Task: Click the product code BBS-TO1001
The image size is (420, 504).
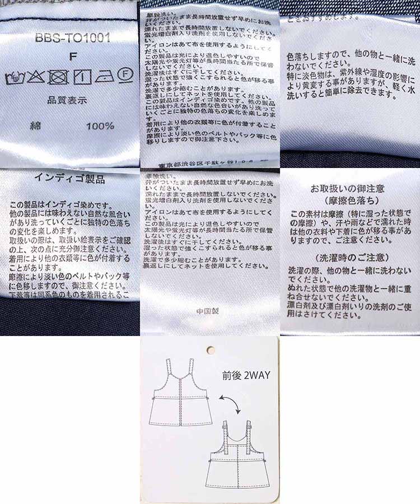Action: pyautogui.click(x=72, y=39)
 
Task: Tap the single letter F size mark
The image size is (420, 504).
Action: pyautogui.click(x=72, y=56)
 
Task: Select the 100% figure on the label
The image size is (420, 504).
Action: pyautogui.click(x=100, y=126)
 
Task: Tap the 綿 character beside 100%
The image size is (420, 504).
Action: pyautogui.click(x=35, y=126)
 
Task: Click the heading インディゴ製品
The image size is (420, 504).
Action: pyautogui.click(x=69, y=180)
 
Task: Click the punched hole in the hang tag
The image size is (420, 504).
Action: pyautogui.click(x=211, y=351)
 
